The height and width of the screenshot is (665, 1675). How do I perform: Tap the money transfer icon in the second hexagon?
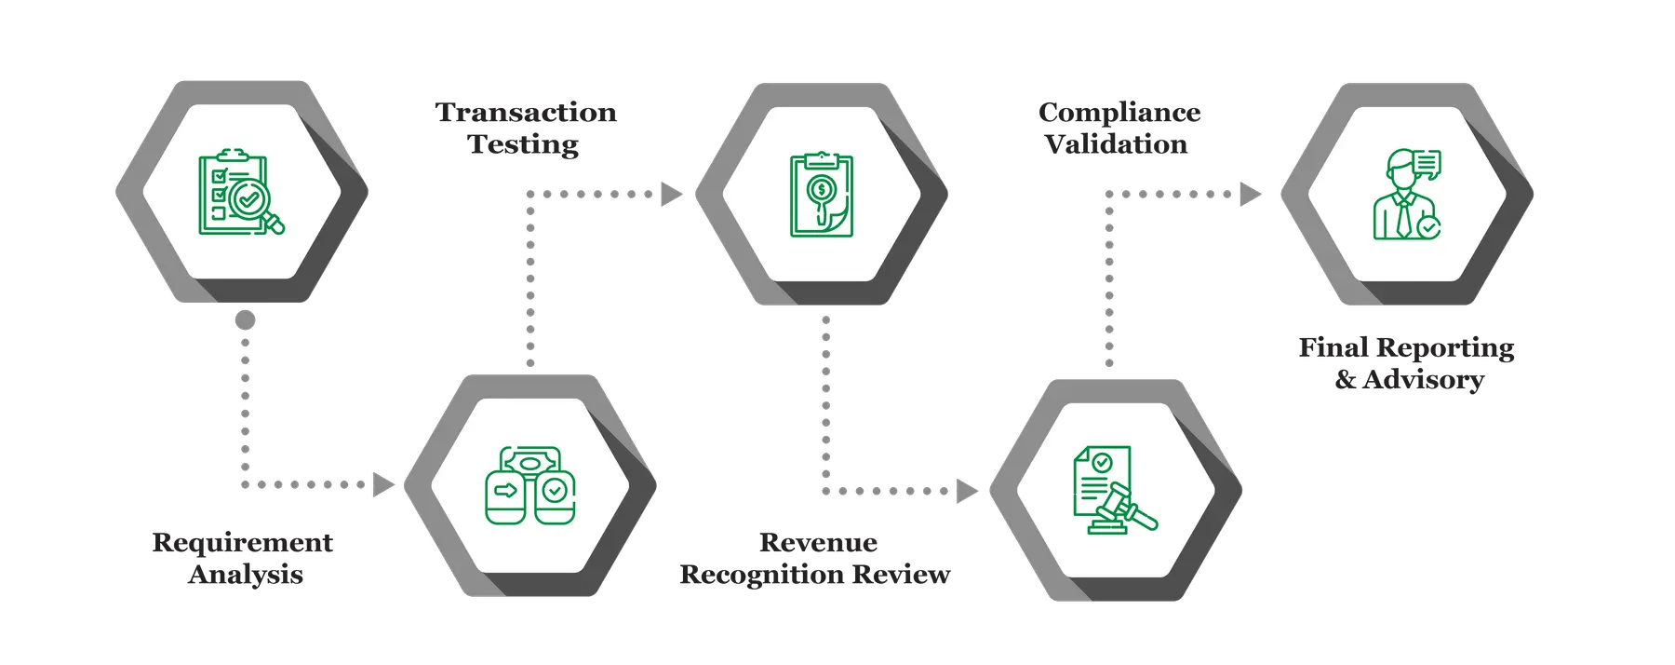pyautogui.click(x=529, y=485)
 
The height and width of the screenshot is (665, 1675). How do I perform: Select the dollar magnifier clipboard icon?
pyautogui.click(x=821, y=195)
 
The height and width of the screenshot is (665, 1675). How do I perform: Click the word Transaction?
pyautogui.click(x=527, y=113)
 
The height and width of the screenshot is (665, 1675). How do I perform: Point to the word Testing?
pyautogui.click(x=524, y=144)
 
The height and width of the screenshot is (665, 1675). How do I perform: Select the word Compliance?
pyautogui.click(x=1119, y=113)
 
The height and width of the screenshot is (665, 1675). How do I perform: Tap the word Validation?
pyautogui.click(x=1117, y=144)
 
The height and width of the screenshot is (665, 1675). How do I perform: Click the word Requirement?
pyautogui.click(x=243, y=542)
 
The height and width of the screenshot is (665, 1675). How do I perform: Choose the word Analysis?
pyautogui.click(x=246, y=574)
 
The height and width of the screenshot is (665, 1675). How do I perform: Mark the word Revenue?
pyautogui.click(x=818, y=542)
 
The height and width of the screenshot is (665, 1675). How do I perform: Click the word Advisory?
pyautogui.click(x=1423, y=380)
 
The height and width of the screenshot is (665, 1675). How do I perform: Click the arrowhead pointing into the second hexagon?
pyautogui.click(x=382, y=485)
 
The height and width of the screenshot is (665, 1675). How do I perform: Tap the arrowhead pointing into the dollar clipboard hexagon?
pyautogui.click(x=671, y=195)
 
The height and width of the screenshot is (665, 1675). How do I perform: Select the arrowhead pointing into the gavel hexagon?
pyautogui.click(x=968, y=491)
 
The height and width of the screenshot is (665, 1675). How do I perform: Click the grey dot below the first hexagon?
pyautogui.click(x=245, y=320)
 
